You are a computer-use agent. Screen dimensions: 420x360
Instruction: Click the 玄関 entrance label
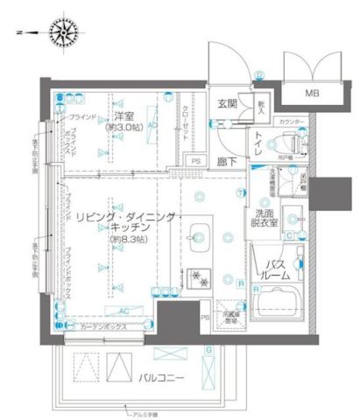[x=228, y=103]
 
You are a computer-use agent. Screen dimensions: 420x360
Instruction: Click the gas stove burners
[x=196, y=279]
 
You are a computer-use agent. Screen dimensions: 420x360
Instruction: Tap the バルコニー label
[x=159, y=377]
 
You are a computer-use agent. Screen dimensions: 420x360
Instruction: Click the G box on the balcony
[x=208, y=349]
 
